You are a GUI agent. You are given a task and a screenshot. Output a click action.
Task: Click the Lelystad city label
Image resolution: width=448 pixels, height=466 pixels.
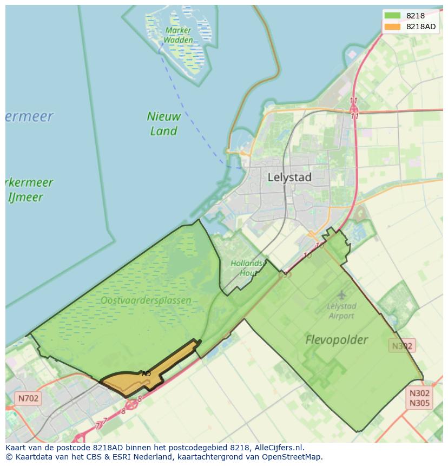click(289, 177)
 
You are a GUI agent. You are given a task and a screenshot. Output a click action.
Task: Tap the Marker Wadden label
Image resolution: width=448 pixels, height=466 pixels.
click(178, 35)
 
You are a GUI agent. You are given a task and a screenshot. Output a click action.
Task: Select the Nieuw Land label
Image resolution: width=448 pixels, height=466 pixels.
click(163, 123)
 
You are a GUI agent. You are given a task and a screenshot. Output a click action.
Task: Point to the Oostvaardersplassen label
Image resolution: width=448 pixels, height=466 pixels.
click(146, 300)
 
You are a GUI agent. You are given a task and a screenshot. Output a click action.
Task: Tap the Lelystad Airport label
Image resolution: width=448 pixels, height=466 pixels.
click(341, 311)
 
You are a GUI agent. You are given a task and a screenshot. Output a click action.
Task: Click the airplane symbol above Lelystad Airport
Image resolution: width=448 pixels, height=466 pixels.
click(341, 295)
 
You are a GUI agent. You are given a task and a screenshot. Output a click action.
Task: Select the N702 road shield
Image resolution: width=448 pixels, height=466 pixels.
click(28, 398)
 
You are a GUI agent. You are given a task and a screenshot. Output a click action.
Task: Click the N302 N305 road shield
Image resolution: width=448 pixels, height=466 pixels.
click(419, 398)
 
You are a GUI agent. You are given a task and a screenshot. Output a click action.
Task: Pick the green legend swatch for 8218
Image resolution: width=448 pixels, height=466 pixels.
click(392, 16)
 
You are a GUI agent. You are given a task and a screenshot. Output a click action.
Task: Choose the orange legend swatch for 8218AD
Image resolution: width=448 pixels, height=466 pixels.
click(392, 27)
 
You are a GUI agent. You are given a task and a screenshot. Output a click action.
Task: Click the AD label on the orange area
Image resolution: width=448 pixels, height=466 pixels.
click(146, 373)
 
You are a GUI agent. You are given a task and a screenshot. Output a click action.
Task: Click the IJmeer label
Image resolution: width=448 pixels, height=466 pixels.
click(25, 196)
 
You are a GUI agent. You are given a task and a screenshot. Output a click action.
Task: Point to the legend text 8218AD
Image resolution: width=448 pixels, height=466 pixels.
click(422, 27)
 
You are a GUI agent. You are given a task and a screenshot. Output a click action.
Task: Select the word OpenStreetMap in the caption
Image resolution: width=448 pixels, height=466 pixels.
click(294, 457)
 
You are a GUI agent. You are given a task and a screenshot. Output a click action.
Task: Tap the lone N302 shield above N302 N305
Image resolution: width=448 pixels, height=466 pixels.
click(402, 345)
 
